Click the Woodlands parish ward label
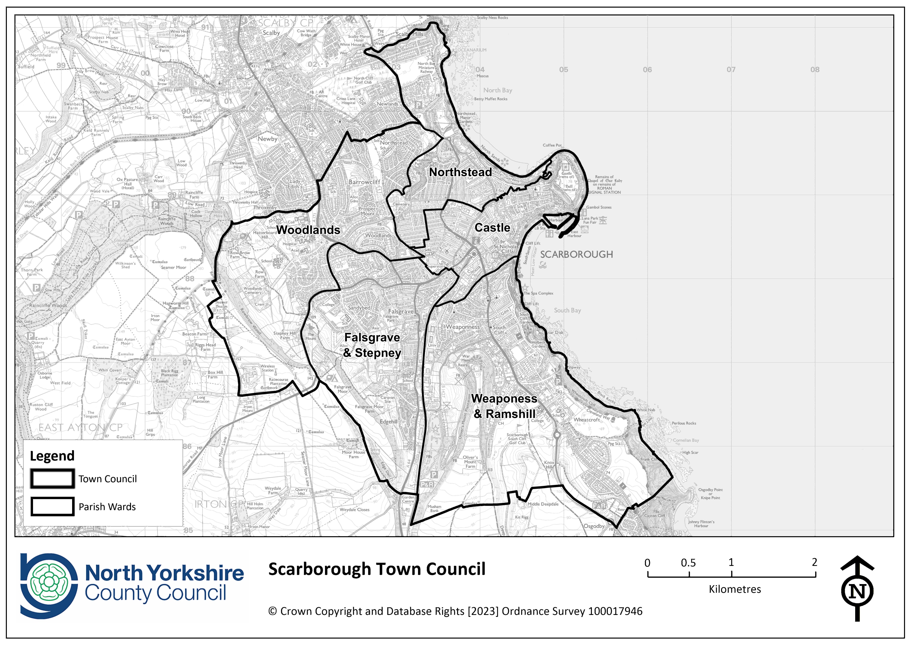[308, 230]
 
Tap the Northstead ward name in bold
[460, 172]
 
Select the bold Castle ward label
[492, 228]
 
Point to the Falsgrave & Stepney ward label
[372, 345]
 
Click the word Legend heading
[52, 456]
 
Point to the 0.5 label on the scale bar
[688, 563]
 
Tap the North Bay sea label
[498, 90]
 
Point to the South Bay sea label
[567, 310]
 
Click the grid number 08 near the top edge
[815, 70]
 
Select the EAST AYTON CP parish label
[80, 427]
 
